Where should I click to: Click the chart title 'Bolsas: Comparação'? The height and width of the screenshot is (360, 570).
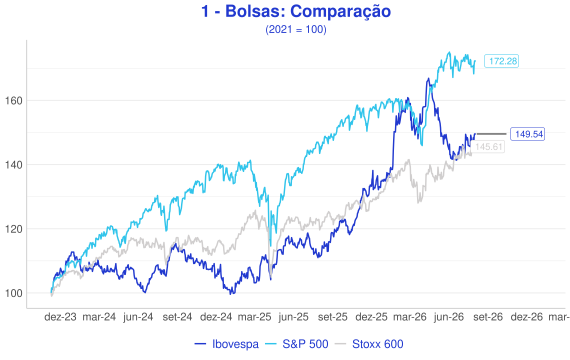pos(308,11)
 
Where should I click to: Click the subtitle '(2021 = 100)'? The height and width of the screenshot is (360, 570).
pos(296,29)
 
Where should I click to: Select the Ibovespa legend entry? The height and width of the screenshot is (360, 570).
pos(227,344)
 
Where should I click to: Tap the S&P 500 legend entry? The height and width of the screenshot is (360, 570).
pos(297,344)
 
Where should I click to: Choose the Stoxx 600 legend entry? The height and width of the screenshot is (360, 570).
pos(369,344)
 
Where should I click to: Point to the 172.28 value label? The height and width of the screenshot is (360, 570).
pos(502,61)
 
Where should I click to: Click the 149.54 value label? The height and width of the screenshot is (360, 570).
pos(527,134)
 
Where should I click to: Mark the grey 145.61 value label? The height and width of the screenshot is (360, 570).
pos(488,147)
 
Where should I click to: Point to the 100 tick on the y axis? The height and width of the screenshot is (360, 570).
pos(14,293)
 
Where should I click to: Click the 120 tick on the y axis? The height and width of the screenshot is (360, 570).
pos(14,229)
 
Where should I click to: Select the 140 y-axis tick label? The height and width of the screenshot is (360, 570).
pos(14,165)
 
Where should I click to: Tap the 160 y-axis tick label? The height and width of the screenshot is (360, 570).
pos(14,101)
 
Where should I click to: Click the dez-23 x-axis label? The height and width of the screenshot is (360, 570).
pos(60,317)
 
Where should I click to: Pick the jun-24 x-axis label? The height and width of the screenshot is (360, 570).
pos(138,317)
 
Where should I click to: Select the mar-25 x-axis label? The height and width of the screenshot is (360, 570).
pos(254,317)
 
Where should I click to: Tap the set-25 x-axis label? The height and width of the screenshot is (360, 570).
pos(333,317)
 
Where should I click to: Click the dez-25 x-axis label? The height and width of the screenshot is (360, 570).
pos(371,317)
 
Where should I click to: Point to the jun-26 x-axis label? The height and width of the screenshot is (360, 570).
pos(449,317)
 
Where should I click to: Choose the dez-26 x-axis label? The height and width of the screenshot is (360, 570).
pos(526,317)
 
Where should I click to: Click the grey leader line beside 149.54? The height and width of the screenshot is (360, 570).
pos(491,134)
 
